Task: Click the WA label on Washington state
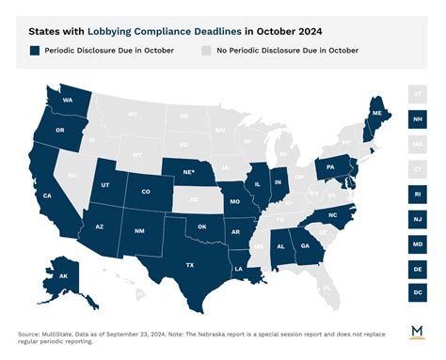[x=68, y=99]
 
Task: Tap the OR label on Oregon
[x=60, y=131]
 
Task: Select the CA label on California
[x=46, y=196]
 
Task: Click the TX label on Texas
[x=189, y=264]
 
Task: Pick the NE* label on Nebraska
[x=188, y=171]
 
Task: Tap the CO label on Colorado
[x=145, y=191]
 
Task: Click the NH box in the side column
[x=416, y=119]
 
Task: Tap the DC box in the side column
[x=416, y=293]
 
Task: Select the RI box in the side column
[x=416, y=194]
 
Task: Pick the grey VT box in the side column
[x=416, y=94]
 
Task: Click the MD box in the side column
[x=416, y=243]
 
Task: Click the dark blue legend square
[x=34, y=50]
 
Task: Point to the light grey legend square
[x=206, y=50]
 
